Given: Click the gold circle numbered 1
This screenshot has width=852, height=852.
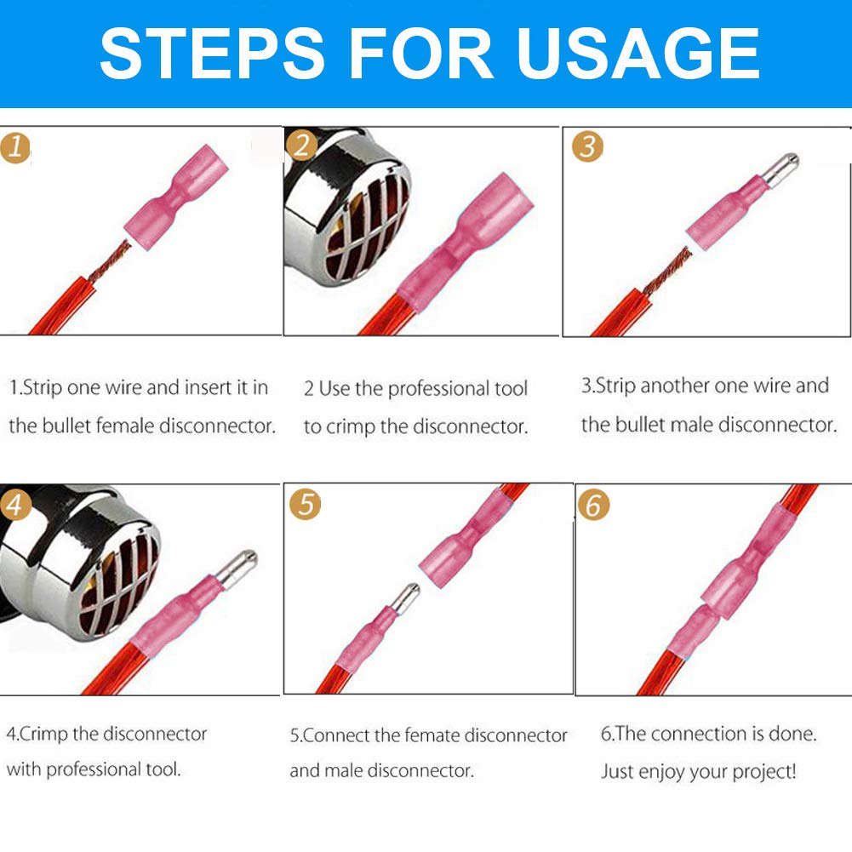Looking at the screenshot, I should tap(14, 147).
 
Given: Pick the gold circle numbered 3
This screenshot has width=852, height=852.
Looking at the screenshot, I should tap(586, 146).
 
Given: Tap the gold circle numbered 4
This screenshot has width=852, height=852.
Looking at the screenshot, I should tap(17, 506).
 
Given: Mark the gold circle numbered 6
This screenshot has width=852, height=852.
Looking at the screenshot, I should tap(593, 504).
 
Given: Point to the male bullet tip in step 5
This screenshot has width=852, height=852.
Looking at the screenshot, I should tap(405, 596).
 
